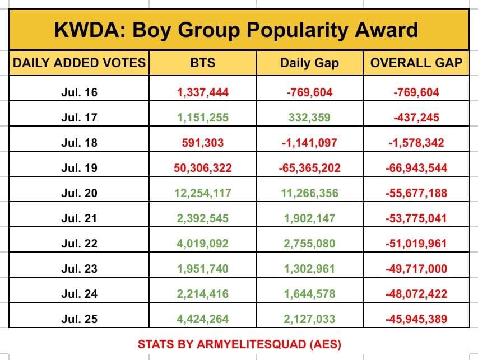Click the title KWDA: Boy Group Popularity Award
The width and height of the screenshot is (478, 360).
[x=236, y=29]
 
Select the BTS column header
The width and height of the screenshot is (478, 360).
[x=203, y=63]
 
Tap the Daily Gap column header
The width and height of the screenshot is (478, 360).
[x=309, y=63]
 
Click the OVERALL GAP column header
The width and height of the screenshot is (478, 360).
[x=416, y=63]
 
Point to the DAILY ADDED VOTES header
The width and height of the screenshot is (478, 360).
[x=79, y=63]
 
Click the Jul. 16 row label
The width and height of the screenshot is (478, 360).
[x=79, y=92]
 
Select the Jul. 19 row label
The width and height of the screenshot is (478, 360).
[x=79, y=168]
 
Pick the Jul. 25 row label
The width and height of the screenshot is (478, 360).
[x=79, y=319]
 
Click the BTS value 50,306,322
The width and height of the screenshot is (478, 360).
[x=203, y=168]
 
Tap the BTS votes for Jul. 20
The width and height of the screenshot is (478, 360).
[x=203, y=193]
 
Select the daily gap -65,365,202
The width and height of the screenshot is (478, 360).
[x=309, y=168]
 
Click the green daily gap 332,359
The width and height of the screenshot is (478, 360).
[x=309, y=118]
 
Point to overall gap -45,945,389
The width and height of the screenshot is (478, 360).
[x=416, y=319]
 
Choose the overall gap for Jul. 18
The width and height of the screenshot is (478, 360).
[x=416, y=143]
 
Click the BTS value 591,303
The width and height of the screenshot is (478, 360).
[x=203, y=143]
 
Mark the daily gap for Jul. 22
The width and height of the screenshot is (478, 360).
[x=309, y=244]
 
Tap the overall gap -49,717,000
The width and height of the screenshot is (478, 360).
[x=416, y=269]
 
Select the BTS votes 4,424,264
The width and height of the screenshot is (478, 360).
[x=203, y=319]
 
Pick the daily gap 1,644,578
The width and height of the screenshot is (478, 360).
[x=309, y=294]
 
